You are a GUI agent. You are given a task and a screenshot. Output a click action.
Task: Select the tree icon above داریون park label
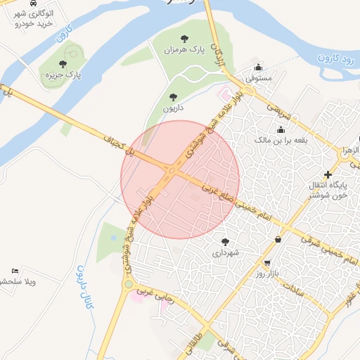[173, 98]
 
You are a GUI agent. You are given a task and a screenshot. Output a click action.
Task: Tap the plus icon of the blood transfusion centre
[327, 174]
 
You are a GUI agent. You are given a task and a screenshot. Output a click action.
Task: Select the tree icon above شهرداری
[225, 240]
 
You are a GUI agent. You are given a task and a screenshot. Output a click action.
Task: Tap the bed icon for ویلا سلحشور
[15, 271]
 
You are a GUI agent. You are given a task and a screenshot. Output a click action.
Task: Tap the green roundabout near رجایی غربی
[128, 284]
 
